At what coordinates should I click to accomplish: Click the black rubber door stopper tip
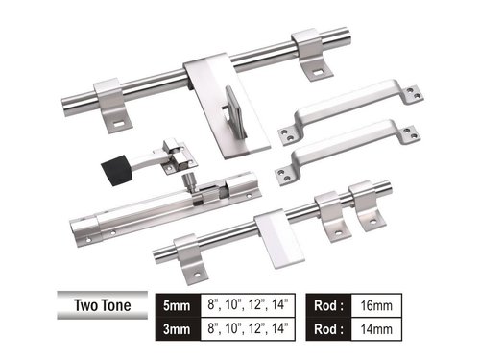pos(116,169)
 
